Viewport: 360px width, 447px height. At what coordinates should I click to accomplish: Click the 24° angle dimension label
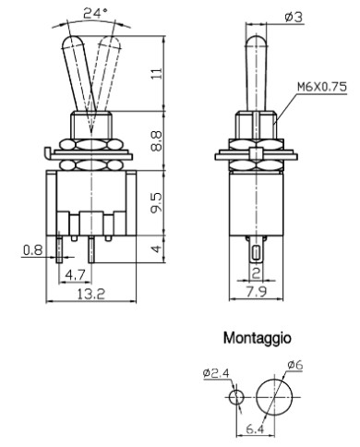tap(95, 13)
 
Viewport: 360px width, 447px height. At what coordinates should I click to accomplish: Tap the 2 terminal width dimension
tap(255, 273)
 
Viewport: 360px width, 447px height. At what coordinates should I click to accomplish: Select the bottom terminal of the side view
tap(255, 250)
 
